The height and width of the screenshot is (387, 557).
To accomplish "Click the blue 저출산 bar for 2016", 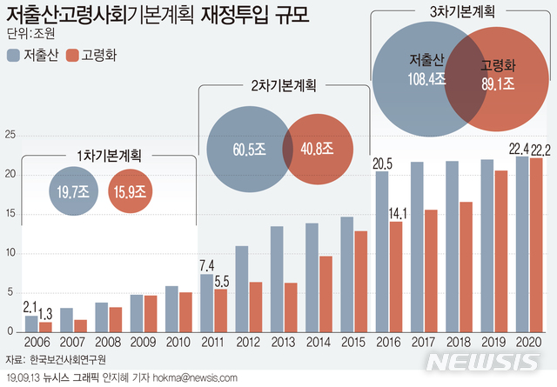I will pyautogui.click(x=381, y=252).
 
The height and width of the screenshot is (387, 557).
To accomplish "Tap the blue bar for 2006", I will pyautogui.click(x=31, y=324).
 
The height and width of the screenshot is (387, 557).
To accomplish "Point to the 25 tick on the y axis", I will pyautogui.click(x=10, y=135).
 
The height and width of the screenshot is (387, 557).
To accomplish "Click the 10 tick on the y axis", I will pyautogui.click(x=10, y=253).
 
